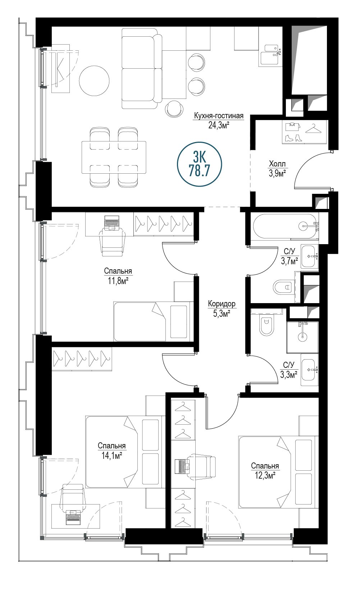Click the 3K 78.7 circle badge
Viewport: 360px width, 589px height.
coord(199,164)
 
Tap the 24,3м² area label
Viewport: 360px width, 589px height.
coord(219,125)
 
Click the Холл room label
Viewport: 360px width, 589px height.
coord(277,164)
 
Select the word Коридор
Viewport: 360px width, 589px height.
coord(222,304)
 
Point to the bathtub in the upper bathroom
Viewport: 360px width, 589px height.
coord(285,226)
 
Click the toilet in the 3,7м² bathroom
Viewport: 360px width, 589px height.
coord(283,287)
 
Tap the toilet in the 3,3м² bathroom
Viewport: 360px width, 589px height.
coord(266,326)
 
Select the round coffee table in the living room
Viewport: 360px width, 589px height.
coord(94,81)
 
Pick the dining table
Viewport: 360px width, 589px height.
coord(114,157)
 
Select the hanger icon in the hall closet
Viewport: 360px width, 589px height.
coord(314,129)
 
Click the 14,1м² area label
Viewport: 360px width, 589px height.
coord(112,455)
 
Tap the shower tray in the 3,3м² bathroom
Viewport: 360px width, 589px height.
coord(302,337)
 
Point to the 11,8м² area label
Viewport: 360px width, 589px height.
coord(118,281)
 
